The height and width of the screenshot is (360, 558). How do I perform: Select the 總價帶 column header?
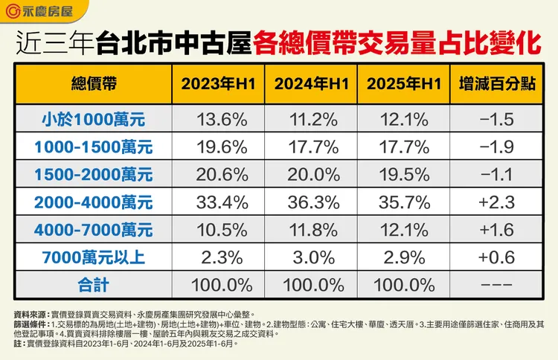(94, 83)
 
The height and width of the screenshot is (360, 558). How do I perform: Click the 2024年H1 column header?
(310, 83)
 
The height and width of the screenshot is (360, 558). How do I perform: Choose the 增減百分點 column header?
(496, 83)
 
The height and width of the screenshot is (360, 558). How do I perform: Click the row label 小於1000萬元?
(94, 119)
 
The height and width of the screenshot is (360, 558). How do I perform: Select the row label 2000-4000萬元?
(94, 202)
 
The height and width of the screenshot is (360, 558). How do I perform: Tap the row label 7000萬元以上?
(94, 257)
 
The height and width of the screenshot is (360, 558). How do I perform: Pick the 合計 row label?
(94, 284)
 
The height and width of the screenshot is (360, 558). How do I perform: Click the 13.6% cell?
(218, 119)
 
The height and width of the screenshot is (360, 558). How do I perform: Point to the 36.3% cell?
(310, 202)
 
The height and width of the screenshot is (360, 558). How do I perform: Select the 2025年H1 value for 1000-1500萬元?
(403, 147)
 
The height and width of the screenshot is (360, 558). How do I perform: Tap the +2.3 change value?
(496, 202)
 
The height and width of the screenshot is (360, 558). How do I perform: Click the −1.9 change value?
(496, 147)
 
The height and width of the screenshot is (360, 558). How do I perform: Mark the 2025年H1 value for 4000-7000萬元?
(403, 229)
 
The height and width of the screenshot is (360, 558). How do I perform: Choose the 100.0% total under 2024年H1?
(310, 284)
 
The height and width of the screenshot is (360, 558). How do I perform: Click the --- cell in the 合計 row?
(496, 284)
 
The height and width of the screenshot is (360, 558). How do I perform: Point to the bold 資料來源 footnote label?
(31, 315)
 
